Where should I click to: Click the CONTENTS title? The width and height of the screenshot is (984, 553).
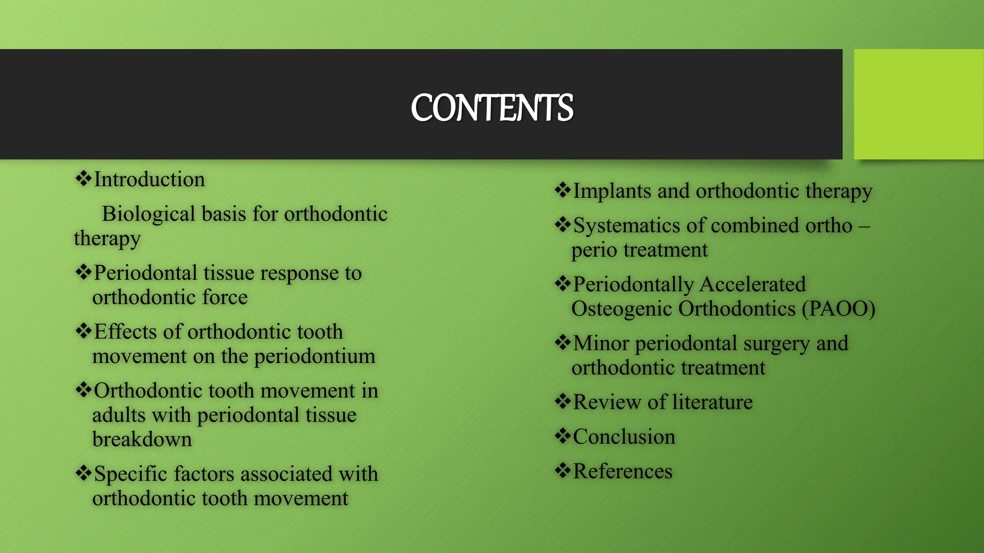(x=492, y=108)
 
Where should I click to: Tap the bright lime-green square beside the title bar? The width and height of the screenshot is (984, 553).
(x=918, y=104)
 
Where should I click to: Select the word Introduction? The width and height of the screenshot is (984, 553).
(x=149, y=180)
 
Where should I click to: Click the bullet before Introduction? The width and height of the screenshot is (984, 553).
(x=83, y=179)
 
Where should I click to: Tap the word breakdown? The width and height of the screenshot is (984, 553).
(x=142, y=439)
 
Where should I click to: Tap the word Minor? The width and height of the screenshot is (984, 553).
(x=601, y=343)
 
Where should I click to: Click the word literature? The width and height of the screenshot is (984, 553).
(x=712, y=402)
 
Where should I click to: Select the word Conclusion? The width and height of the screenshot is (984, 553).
(x=624, y=437)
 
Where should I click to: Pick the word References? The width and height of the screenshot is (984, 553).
(x=622, y=471)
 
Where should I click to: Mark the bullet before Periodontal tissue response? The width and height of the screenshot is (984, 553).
(x=83, y=272)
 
